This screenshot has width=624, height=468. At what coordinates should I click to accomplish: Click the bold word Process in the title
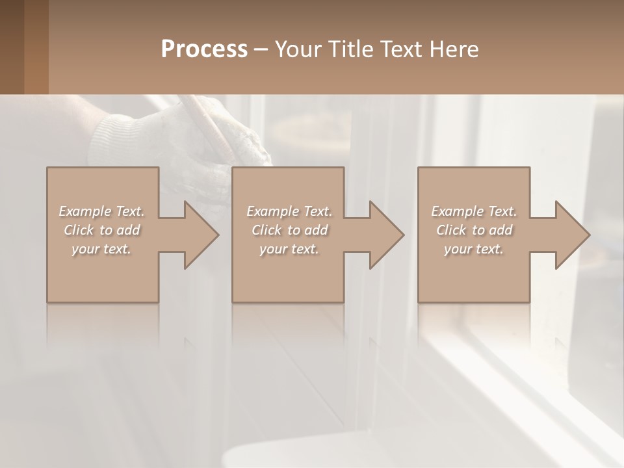point(204,49)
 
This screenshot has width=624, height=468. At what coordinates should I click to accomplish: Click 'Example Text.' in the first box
point(102,211)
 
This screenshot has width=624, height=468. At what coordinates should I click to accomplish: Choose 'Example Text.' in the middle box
point(289,211)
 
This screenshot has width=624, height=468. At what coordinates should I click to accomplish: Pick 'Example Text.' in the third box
point(474,211)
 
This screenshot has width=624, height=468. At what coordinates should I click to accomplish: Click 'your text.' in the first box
point(101,249)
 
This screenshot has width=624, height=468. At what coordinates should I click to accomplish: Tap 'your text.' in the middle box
point(289,249)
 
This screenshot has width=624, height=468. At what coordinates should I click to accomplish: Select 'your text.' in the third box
point(474,249)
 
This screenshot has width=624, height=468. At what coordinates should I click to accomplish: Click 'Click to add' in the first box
point(102,230)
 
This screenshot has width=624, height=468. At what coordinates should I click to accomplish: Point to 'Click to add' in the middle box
point(289,230)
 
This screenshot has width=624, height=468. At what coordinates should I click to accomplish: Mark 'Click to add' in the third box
point(474,230)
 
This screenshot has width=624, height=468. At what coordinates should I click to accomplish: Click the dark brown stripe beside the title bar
point(36,47)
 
